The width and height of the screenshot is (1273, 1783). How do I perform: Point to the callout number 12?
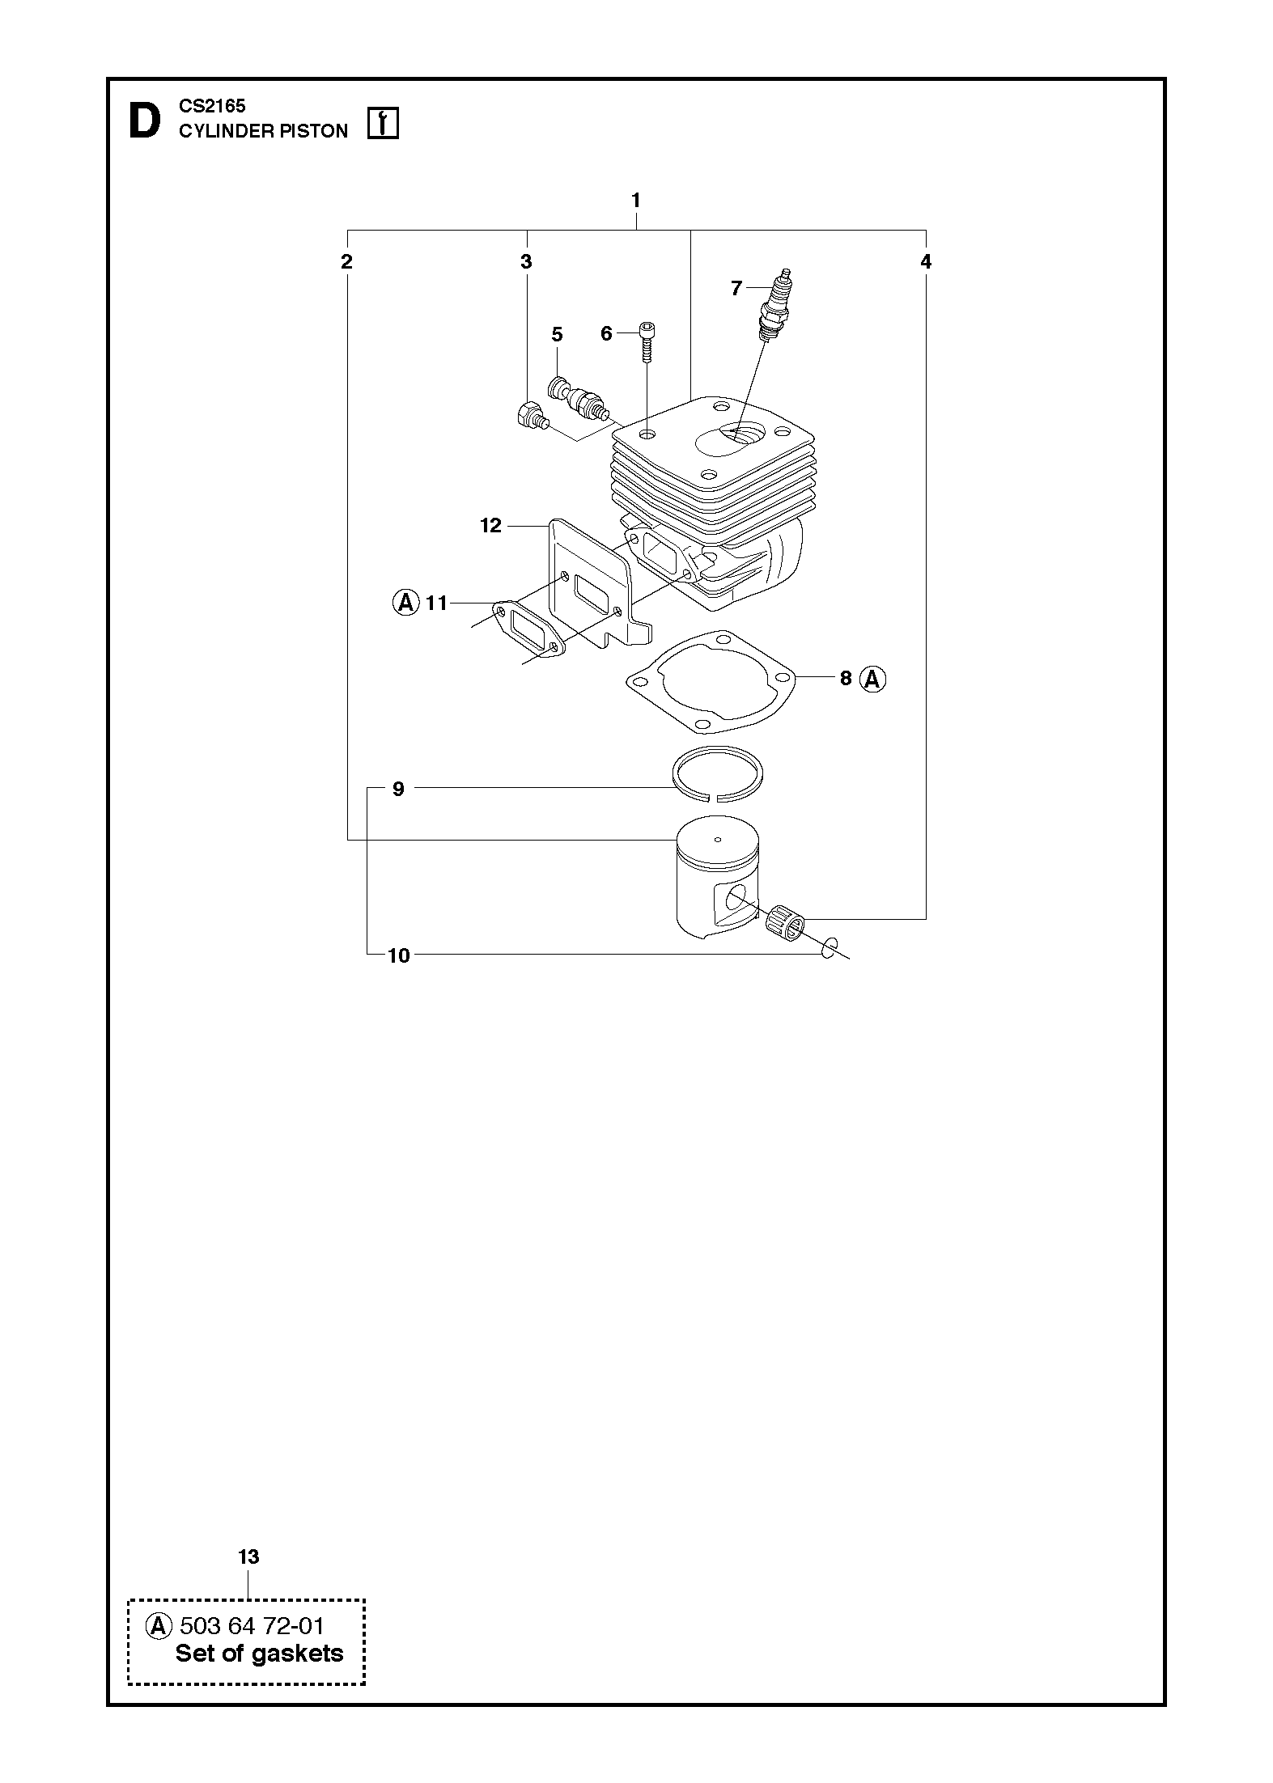490,526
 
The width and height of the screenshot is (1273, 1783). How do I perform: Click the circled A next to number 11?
405,603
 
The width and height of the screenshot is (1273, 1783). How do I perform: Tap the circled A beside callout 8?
872,679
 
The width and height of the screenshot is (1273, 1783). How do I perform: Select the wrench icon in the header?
383,124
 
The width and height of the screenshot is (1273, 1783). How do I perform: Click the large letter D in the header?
145,122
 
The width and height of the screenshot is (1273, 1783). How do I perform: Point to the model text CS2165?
212,106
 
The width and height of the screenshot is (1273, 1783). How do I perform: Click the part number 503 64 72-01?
252,1625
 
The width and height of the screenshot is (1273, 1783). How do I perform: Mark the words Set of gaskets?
259,1654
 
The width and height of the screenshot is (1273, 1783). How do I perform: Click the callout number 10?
399,955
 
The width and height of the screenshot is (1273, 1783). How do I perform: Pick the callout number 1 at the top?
636,200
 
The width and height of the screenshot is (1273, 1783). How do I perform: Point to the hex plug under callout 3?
531,416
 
